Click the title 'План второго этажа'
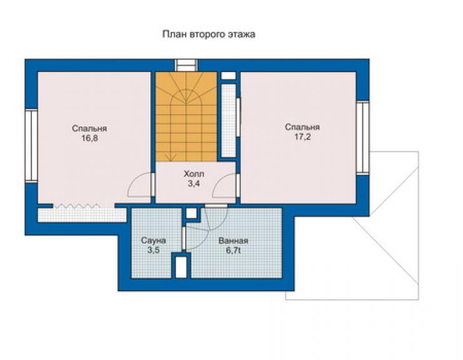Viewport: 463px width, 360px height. (209, 34)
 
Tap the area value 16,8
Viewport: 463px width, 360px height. (89, 138)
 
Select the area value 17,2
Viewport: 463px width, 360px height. (302, 137)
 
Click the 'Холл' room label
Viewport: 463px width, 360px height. (194, 173)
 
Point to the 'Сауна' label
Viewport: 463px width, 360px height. (153, 240)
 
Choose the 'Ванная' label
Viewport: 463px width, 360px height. (233, 240)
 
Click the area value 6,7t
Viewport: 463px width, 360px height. (233, 250)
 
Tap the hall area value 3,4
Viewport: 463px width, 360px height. (194, 183)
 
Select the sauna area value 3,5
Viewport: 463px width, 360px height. (153, 250)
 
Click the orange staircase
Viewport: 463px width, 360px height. (186, 116)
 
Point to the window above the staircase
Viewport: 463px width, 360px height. (186, 65)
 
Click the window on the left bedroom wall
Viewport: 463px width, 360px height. (31, 145)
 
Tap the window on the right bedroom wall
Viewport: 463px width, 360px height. (363, 137)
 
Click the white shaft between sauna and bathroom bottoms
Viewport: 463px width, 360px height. (181, 267)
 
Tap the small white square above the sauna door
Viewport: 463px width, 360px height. (191, 213)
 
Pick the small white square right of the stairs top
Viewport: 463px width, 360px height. (228, 76)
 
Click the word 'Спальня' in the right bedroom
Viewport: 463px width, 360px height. (302, 127)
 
